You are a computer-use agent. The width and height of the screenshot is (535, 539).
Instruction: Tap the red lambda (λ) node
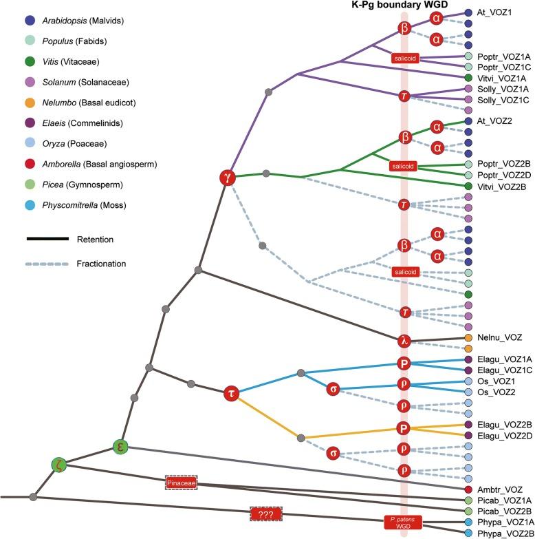coord(404,339)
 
